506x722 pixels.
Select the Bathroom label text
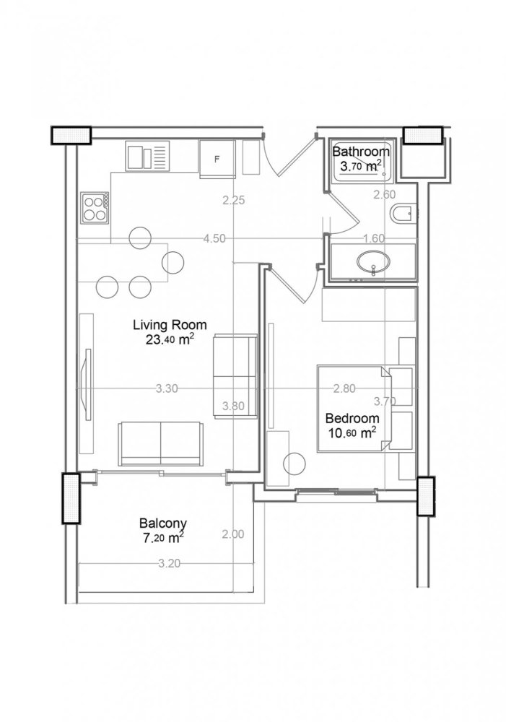[x=361, y=152]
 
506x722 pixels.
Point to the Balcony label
[x=164, y=523]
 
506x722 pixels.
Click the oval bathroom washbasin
[x=372, y=261]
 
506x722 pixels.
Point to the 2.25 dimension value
[x=235, y=201]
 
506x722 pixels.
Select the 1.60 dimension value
[x=374, y=238]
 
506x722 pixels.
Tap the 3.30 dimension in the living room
[x=167, y=388]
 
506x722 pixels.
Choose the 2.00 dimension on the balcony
[x=234, y=535]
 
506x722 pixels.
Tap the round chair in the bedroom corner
[x=294, y=463]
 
